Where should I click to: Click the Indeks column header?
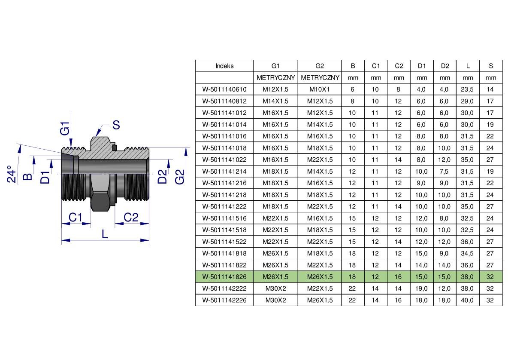224,66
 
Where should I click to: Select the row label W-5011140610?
224,89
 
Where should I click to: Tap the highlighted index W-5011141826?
224,277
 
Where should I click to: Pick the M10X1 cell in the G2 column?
320,89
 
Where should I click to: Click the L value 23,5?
467,89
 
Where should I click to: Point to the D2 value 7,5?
444,172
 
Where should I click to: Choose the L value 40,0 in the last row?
467,301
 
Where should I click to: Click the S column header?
491,66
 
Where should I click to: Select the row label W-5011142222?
224,288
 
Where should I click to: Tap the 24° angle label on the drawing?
12,174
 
